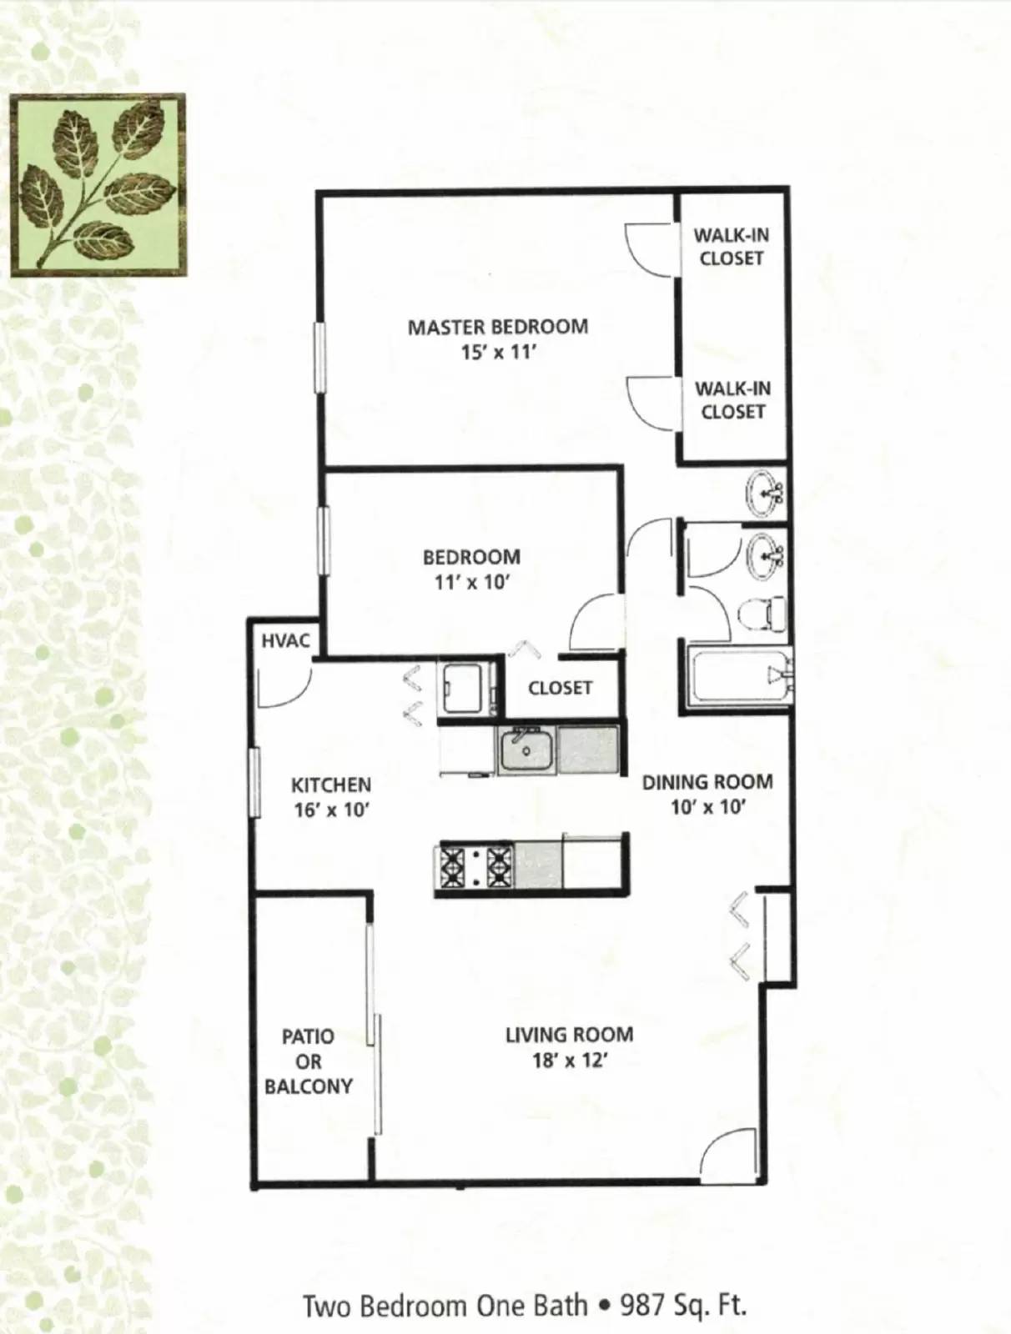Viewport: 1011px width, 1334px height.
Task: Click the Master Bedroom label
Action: click(497, 327)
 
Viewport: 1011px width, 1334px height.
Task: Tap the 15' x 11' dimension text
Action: click(497, 353)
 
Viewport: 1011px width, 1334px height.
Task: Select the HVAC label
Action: click(285, 641)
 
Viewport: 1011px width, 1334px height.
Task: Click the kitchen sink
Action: click(526, 750)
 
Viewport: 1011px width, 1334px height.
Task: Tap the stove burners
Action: click(474, 866)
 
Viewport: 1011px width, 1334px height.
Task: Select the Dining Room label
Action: click(707, 782)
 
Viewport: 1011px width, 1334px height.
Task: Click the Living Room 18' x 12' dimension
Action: click(569, 1061)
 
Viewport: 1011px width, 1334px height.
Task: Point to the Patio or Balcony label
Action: click(309, 1061)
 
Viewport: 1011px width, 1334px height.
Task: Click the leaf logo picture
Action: click(98, 184)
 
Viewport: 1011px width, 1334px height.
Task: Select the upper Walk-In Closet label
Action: click(732, 247)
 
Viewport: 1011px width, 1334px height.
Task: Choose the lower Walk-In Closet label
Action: click(732, 399)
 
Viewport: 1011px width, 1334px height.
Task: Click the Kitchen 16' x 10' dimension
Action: click(331, 810)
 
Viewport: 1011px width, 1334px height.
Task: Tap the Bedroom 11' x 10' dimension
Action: click(471, 582)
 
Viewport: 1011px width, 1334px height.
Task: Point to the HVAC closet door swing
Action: click(284, 685)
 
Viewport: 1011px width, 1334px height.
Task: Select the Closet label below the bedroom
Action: click(560, 688)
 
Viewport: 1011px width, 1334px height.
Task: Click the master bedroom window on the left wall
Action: click(318, 357)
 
